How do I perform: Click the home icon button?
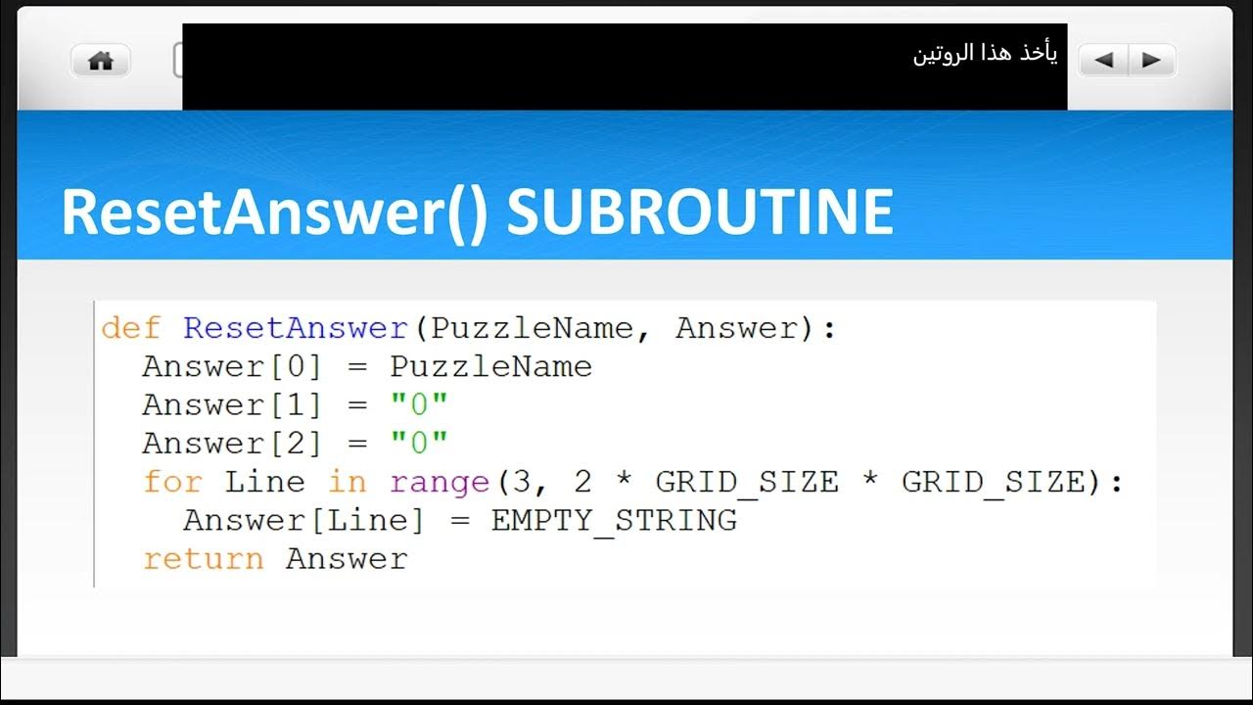point(101,61)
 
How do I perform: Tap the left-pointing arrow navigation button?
point(1103,61)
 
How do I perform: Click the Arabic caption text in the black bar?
point(985,55)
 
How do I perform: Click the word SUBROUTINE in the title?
point(699,211)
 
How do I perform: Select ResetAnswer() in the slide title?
point(274,211)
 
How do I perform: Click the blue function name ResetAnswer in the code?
point(296,328)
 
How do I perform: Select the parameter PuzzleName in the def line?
point(532,328)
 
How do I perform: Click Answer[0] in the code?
point(232,367)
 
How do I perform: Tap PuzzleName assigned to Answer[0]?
point(490,367)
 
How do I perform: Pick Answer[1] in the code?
point(232,405)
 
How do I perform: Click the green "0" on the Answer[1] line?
point(419,405)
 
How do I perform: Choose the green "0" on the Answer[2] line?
point(419,444)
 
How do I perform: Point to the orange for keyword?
point(172,482)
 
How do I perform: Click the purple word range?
point(440,482)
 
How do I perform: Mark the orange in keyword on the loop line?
point(347,482)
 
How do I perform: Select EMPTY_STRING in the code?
point(614,520)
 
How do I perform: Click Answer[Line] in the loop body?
point(303,520)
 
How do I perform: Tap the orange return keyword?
point(204,559)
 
